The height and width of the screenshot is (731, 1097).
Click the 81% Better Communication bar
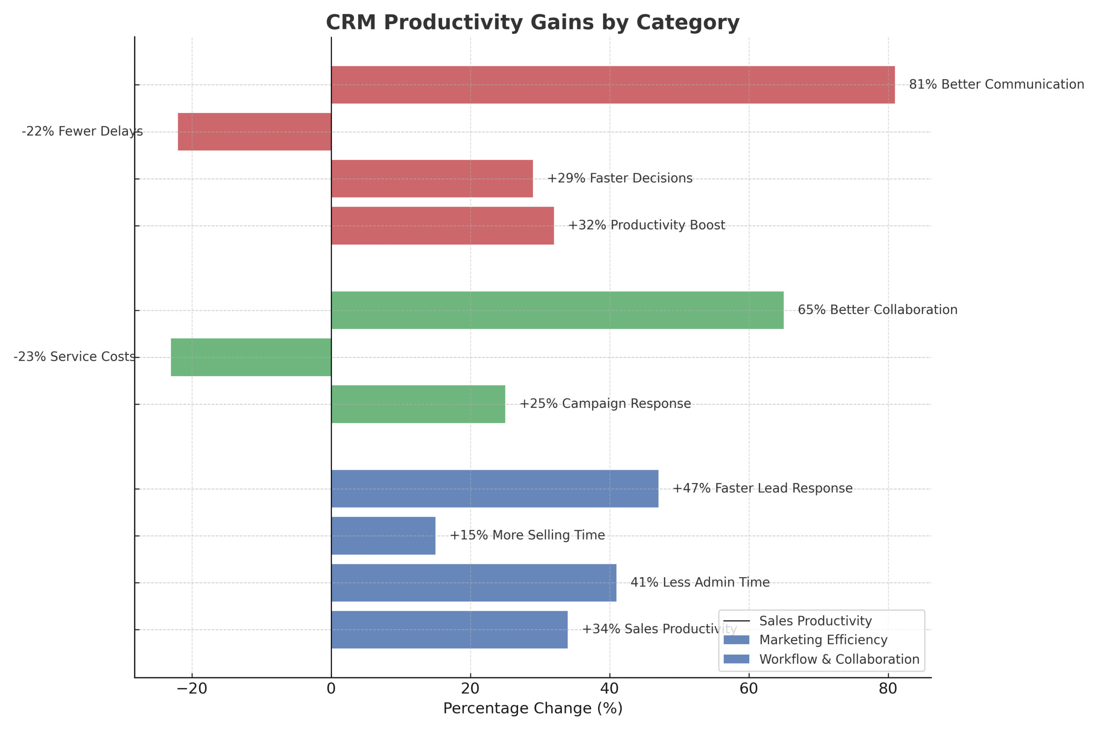(x=613, y=85)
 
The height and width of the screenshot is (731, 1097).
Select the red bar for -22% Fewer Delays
(x=255, y=132)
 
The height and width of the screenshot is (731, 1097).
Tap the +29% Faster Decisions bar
(x=432, y=179)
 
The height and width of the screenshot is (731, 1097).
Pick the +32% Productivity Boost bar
(x=443, y=226)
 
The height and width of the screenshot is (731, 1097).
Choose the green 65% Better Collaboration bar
(x=557, y=311)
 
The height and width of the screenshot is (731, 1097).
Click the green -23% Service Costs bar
(x=251, y=357)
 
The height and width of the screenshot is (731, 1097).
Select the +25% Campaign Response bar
(x=418, y=404)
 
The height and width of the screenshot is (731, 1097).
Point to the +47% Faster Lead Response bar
(x=495, y=488)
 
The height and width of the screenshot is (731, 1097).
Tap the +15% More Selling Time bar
(x=384, y=536)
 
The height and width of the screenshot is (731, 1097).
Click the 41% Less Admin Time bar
(x=474, y=583)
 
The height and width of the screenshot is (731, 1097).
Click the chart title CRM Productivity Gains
(x=533, y=22)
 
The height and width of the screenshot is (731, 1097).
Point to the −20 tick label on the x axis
(x=192, y=689)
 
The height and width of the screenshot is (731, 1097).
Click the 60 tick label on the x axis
(x=748, y=689)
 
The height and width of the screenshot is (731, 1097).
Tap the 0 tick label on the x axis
(x=331, y=689)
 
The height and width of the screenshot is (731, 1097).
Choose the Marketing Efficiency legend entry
(x=823, y=640)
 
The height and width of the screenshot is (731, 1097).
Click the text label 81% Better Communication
(x=996, y=85)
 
